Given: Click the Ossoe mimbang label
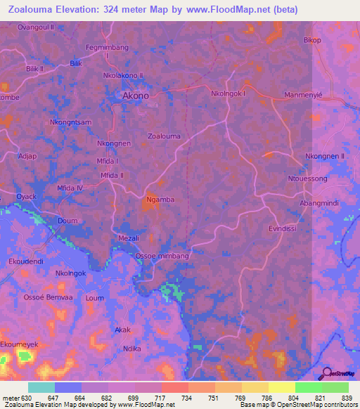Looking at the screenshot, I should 162,257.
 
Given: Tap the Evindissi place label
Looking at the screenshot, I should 285,228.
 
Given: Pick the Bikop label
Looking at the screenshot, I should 312,40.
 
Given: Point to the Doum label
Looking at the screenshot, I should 67,220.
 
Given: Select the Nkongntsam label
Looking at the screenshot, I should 71,122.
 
